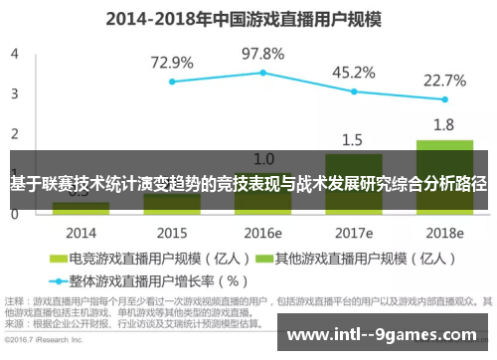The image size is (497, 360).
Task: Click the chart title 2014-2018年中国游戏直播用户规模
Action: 248,18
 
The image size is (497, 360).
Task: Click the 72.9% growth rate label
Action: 172,62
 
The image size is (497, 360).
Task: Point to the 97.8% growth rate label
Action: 263,53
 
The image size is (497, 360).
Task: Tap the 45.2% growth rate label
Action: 353,72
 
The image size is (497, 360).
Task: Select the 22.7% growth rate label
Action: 444,81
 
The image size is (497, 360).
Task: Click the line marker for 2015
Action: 172,82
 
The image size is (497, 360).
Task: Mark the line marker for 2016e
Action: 263,73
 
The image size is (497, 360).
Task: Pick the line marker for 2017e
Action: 354,91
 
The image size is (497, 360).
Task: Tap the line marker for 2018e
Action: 444,100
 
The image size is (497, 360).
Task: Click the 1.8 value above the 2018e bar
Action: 444,125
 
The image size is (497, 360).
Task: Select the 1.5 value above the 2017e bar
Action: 354,139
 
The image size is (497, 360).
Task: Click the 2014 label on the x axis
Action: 81,233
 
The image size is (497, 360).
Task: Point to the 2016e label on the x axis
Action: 263,233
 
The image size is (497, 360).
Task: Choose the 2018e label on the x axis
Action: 444,233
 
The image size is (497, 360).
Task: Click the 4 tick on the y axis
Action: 14,53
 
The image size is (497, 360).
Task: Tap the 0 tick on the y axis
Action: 14,216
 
